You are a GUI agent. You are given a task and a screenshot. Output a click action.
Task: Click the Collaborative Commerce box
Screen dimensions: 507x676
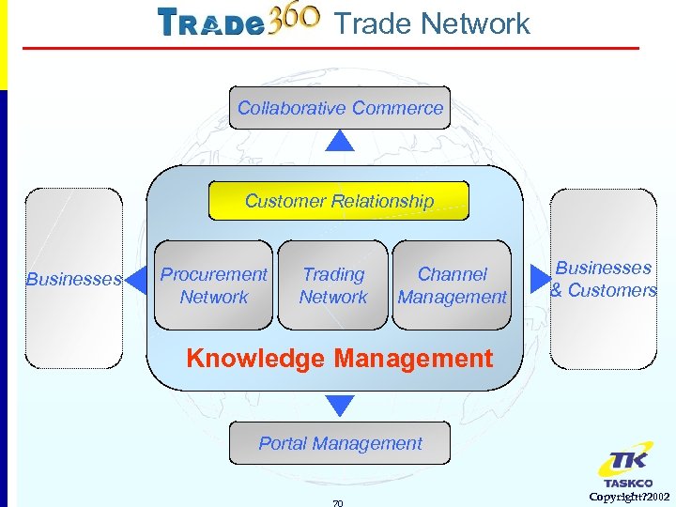[x=340, y=108]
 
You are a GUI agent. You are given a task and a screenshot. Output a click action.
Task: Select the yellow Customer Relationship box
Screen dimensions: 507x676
[x=339, y=201]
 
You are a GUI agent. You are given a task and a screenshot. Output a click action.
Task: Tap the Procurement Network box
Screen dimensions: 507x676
[x=214, y=285]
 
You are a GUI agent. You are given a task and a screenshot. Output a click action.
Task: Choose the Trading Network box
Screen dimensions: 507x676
[x=333, y=285]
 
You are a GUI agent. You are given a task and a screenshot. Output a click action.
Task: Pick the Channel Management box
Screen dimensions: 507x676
[x=453, y=285]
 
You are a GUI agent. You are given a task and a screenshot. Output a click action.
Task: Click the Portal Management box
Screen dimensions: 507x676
[x=340, y=443]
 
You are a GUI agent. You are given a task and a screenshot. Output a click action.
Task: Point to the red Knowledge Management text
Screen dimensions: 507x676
[x=339, y=358]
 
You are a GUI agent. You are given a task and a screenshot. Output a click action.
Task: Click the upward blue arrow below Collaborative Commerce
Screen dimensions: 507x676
[x=340, y=142]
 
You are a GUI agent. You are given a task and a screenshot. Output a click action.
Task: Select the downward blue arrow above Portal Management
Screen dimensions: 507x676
[x=340, y=406]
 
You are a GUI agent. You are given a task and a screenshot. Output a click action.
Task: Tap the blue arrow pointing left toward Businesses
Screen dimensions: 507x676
[x=137, y=279]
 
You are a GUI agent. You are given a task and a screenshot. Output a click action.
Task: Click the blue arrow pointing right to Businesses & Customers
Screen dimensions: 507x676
[x=538, y=279]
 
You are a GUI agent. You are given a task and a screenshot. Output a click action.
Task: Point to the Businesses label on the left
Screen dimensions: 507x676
[x=73, y=279]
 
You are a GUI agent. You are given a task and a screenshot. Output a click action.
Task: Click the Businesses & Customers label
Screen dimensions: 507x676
[x=603, y=279]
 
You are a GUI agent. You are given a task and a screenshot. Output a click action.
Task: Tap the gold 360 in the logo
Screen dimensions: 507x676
[x=295, y=21]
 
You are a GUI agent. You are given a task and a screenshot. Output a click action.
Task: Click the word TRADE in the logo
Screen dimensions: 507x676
[x=210, y=23]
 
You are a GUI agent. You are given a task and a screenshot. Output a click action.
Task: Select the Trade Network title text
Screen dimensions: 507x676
[x=432, y=23]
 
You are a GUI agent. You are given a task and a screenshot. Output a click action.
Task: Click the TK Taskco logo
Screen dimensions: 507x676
[x=626, y=468]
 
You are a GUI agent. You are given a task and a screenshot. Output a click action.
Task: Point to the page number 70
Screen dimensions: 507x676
[x=338, y=502]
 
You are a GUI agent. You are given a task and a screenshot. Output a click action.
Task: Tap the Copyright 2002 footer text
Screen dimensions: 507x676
[x=629, y=496]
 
